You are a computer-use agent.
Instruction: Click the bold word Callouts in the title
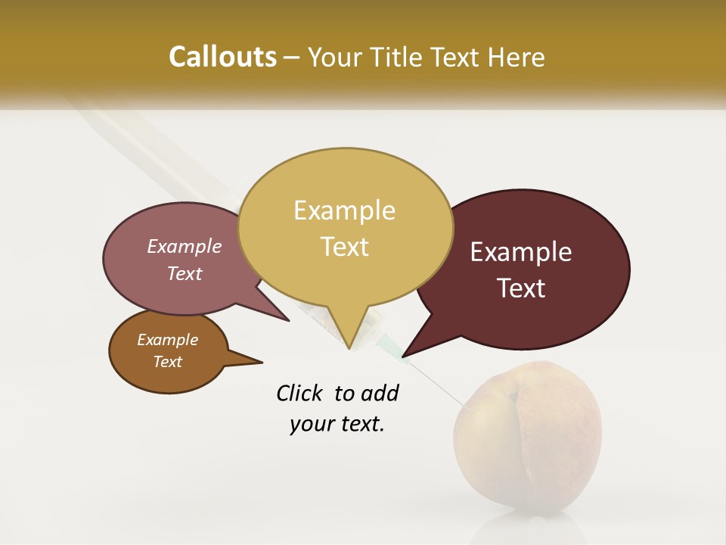(x=222, y=57)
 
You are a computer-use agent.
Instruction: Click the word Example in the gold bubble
(x=344, y=210)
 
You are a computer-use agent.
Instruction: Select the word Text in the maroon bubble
(x=522, y=288)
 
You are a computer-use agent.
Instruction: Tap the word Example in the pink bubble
(x=185, y=246)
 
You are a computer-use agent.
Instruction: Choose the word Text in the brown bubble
(x=167, y=362)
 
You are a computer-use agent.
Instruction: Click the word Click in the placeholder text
(x=300, y=394)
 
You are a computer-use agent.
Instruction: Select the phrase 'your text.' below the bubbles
(x=337, y=424)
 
